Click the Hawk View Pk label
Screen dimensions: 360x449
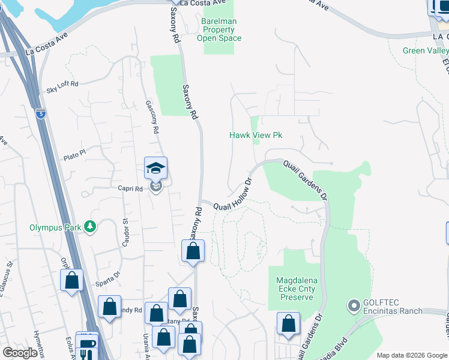point(256,135)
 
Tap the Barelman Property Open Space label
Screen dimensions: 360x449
point(219,29)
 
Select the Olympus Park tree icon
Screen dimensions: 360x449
point(90,227)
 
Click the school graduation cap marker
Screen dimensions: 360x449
point(155,169)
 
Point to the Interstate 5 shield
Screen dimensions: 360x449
point(40,113)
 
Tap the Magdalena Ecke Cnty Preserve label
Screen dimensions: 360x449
point(295,289)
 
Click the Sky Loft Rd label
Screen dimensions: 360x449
point(62,91)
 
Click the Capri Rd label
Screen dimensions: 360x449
point(129,188)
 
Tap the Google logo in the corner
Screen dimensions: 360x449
point(20,353)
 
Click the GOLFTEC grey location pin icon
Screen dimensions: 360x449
point(353,306)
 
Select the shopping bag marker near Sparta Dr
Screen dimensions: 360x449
point(72,281)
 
